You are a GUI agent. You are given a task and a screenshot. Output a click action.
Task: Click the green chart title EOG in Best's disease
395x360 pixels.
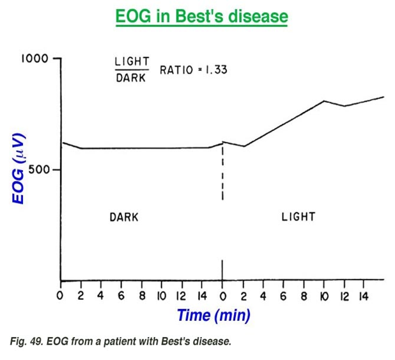pyautogui.click(x=201, y=16)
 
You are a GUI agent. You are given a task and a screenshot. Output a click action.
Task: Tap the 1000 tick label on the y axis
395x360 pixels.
pyautogui.click(x=35, y=58)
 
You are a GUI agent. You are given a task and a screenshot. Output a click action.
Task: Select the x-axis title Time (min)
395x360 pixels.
pyautogui.click(x=213, y=315)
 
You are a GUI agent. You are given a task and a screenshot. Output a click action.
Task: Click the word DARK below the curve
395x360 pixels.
pyautogui.click(x=123, y=216)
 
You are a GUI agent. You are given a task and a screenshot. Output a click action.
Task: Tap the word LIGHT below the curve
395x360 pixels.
pyautogui.click(x=298, y=216)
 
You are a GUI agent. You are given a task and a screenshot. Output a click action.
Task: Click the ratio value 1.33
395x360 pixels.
pyautogui.click(x=215, y=69)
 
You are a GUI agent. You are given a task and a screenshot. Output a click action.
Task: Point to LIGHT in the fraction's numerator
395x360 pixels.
pyautogui.click(x=132, y=61)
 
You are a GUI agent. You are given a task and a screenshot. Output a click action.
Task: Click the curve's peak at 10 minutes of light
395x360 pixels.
pyautogui.click(x=324, y=100)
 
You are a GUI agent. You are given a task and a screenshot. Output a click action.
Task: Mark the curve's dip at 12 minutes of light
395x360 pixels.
pyautogui.click(x=345, y=106)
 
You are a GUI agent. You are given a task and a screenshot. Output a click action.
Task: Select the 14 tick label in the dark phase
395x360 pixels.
pyautogui.click(x=201, y=296)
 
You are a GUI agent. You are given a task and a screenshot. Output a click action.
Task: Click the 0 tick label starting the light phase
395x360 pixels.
pyautogui.click(x=222, y=296)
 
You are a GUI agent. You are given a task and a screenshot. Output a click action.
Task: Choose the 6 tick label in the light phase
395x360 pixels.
pyautogui.click(x=283, y=296)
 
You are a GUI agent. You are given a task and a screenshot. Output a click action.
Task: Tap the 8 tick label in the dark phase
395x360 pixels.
pyautogui.click(x=141, y=296)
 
